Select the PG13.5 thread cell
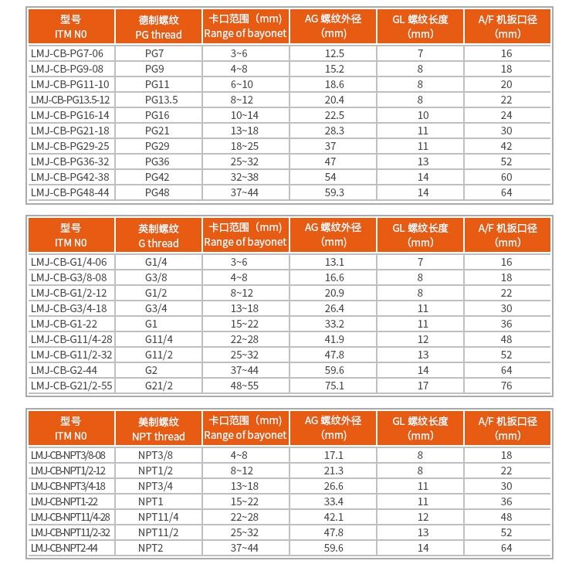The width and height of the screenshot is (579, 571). coord(161,100)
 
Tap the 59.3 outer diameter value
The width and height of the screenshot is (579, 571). coord(334,192)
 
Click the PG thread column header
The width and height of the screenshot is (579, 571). coord(158,26)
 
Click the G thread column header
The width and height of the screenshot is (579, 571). coord(158,235)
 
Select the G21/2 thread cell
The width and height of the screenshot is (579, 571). coord(158,386)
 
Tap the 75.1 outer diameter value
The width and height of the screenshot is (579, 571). coord(334,386)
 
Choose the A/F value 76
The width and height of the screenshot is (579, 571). coord(506,386)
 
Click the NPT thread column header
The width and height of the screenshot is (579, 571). coord(158,428)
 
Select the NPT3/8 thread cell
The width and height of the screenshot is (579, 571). coord(155,455)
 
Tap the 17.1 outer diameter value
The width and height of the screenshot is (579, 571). coord(334,455)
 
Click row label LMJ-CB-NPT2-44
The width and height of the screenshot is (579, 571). coord(65,548)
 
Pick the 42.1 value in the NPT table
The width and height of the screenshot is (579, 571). coord(334,517)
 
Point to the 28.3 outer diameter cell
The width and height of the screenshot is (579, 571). coord(334,131)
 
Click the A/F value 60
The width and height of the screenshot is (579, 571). coord(506,177)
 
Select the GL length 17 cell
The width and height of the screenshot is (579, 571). coord(421,386)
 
